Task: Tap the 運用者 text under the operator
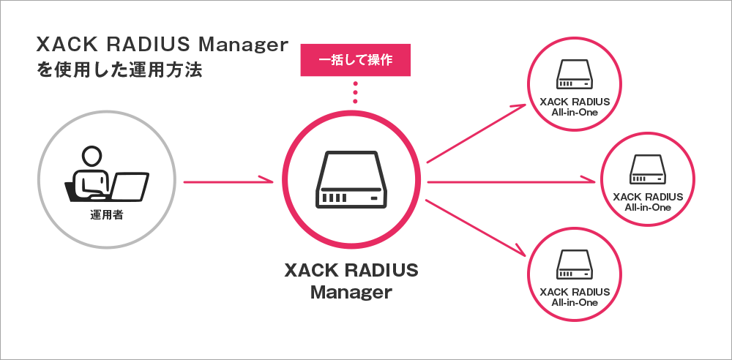coord(105,216)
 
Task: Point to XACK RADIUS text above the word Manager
coord(351,271)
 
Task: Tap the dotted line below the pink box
coord(356,94)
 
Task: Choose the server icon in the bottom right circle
coord(574,266)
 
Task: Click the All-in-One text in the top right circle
coord(574,113)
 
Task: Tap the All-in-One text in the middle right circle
coord(647,208)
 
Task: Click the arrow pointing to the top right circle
coord(476,132)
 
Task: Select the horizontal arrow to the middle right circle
coord(512,181)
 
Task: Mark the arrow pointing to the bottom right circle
coord(476,228)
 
